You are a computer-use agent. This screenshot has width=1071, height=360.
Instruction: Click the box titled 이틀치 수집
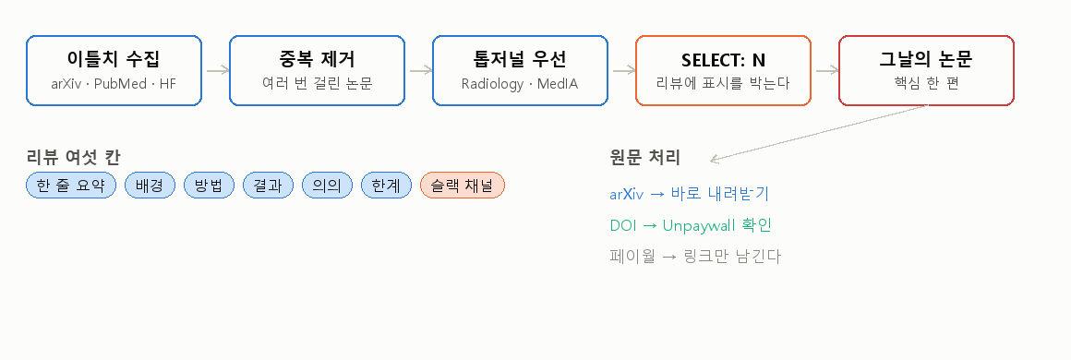(x=114, y=70)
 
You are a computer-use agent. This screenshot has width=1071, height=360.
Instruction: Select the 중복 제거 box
(x=317, y=70)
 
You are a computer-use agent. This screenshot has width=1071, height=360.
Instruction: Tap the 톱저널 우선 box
(x=520, y=70)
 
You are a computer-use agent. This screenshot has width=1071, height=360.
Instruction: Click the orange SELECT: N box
(x=723, y=70)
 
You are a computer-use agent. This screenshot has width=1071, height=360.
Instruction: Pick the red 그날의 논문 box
(x=926, y=70)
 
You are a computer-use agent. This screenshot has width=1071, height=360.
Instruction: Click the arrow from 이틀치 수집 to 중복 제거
(x=216, y=70)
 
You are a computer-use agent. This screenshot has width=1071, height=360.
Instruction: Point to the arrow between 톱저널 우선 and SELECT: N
(x=622, y=70)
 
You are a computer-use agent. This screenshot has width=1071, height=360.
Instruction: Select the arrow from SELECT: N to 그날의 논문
(x=825, y=70)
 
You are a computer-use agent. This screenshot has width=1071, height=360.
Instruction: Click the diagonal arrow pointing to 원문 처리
(x=818, y=133)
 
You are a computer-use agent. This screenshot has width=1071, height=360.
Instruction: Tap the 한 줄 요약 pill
(x=71, y=186)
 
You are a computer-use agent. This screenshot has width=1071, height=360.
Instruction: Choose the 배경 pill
(x=150, y=186)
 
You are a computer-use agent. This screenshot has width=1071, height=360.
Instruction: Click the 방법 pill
(x=209, y=186)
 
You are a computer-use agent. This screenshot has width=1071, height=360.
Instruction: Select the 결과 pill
(x=268, y=186)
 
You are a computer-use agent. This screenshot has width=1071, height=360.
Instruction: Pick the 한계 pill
(x=387, y=186)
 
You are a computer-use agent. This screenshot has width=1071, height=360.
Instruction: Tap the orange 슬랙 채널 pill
(x=463, y=186)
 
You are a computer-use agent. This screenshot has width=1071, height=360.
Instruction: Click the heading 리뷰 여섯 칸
(x=74, y=157)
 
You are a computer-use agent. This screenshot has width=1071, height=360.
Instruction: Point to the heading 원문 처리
(x=644, y=157)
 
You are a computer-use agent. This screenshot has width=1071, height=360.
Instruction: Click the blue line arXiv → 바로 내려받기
(x=689, y=194)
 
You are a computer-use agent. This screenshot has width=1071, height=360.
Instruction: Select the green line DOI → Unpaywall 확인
(x=691, y=225)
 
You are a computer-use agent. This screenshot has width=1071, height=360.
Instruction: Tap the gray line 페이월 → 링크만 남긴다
(x=694, y=257)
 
